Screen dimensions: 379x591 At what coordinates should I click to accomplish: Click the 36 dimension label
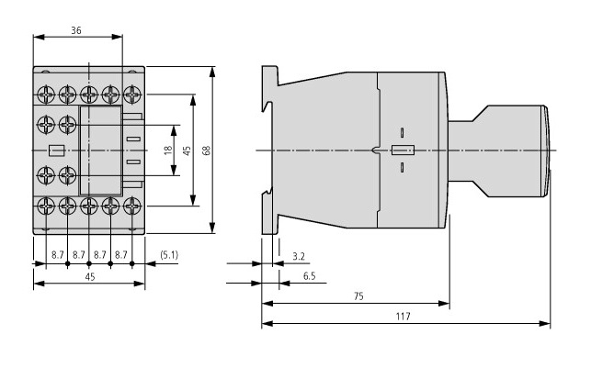(76, 29)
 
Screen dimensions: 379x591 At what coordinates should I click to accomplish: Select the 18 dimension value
(168, 150)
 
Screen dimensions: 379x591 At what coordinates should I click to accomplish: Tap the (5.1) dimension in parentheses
(169, 253)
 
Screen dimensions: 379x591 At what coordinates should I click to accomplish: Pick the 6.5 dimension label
(310, 274)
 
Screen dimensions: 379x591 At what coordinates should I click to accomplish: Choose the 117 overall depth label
(403, 317)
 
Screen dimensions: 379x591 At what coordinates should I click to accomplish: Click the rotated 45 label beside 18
(187, 150)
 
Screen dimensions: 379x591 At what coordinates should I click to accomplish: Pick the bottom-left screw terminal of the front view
(46, 206)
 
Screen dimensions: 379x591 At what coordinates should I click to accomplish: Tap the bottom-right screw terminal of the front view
(132, 206)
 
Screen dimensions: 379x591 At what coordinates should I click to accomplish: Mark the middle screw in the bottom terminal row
(89, 206)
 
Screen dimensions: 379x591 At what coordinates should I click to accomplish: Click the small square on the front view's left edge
(54, 150)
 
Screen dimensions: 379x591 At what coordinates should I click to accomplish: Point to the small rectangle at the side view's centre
(403, 150)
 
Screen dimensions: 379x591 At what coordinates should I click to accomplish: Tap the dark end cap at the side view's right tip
(546, 150)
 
